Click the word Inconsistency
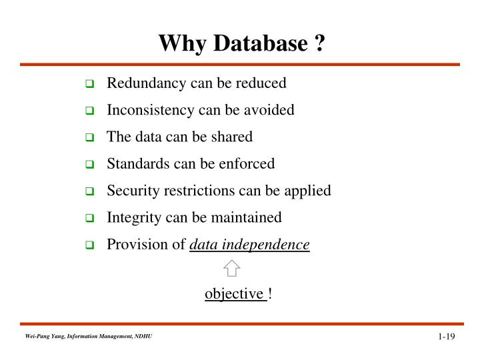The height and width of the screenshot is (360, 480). point(147,110)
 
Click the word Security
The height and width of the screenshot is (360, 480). point(131,191)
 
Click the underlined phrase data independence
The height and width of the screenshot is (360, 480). point(249,245)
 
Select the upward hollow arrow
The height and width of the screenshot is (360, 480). point(231,268)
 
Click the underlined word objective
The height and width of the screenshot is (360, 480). point(235,294)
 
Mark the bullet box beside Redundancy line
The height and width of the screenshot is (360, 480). point(89,85)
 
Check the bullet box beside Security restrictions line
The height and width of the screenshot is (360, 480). point(89,192)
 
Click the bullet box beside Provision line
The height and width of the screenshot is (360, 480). point(89,245)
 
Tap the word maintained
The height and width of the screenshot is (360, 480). point(250,217)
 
